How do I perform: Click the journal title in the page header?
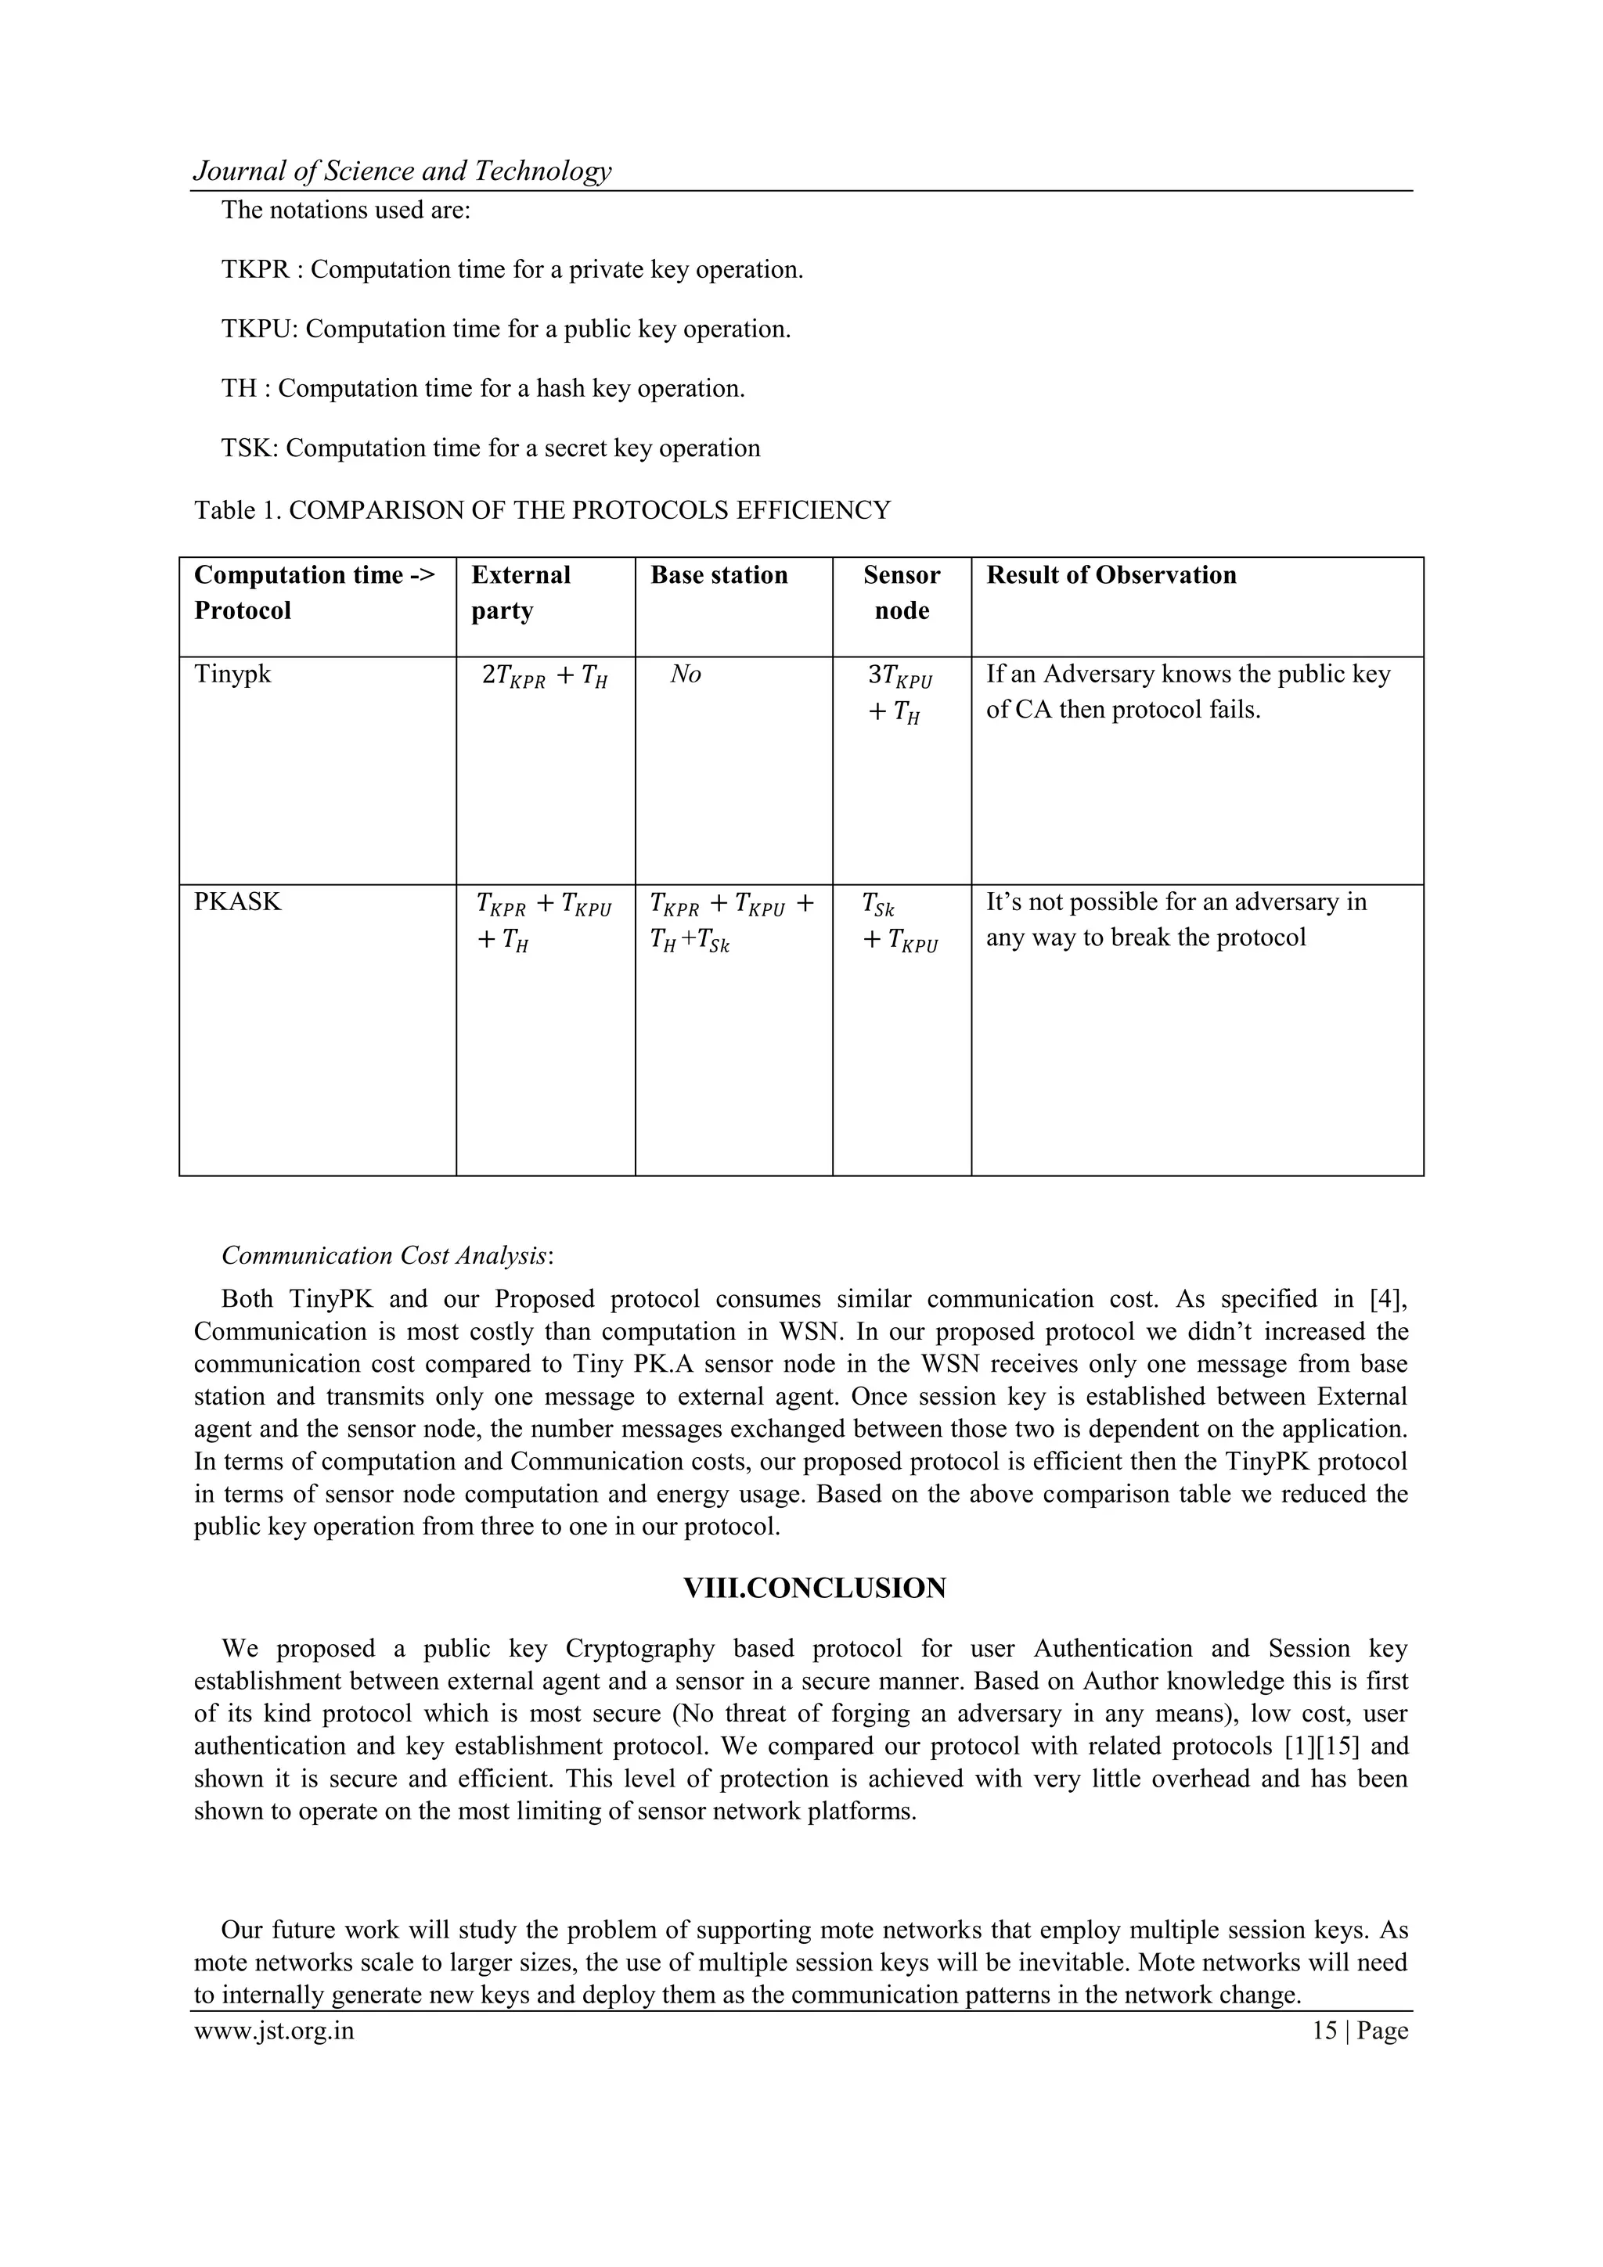[x=402, y=172]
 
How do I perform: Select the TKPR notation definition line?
[x=512, y=269]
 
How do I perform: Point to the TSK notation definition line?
[x=491, y=448]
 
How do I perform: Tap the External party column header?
[x=521, y=592]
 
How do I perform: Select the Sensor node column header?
[x=901, y=592]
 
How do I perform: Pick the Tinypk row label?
[x=232, y=675]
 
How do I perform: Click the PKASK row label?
[x=238, y=901]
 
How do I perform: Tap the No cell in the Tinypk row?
[x=686, y=675]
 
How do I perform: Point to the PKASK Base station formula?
[x=731, y=921]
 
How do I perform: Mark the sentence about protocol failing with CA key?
[x=1187, y=691]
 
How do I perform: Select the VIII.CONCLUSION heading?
[x=814, y=1589]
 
